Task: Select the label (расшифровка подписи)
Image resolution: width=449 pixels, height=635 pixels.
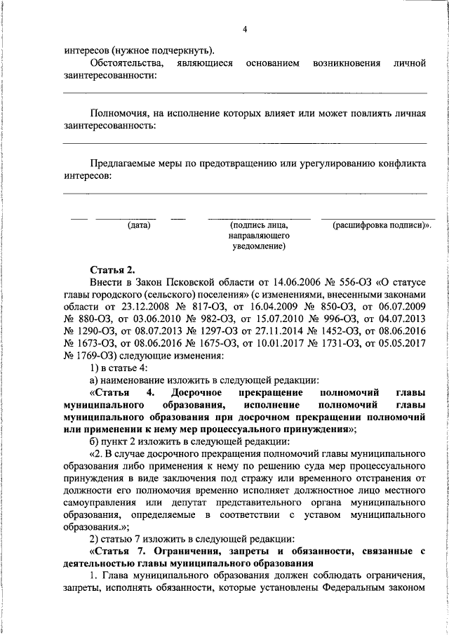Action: click(382, 225)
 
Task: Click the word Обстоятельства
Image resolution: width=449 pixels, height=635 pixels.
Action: click(128, 63)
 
